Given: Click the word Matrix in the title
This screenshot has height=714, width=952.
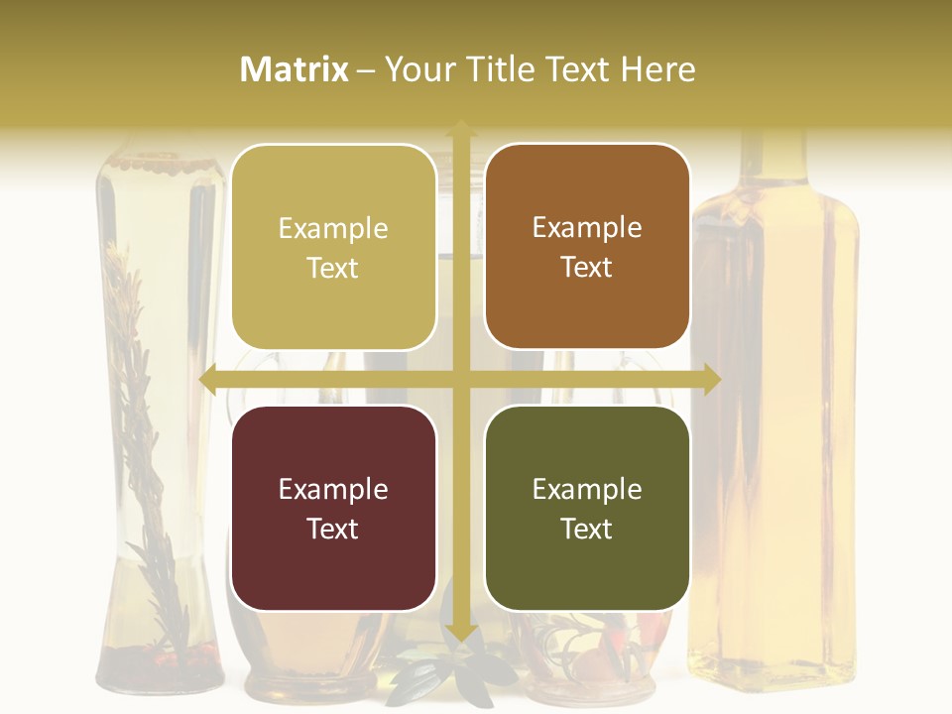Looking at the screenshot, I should click(295, 69).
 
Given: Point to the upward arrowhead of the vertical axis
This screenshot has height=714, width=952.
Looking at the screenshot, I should click(460, 128).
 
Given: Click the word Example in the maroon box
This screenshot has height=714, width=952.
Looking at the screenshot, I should click(333, 489).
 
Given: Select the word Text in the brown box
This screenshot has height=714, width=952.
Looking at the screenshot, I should click(587, 267).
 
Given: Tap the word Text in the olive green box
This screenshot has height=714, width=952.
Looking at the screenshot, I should click(587, 529).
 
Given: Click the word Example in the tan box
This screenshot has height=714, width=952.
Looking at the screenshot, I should click(333, 228).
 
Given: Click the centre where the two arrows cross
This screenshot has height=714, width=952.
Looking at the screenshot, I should click(460, 379).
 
